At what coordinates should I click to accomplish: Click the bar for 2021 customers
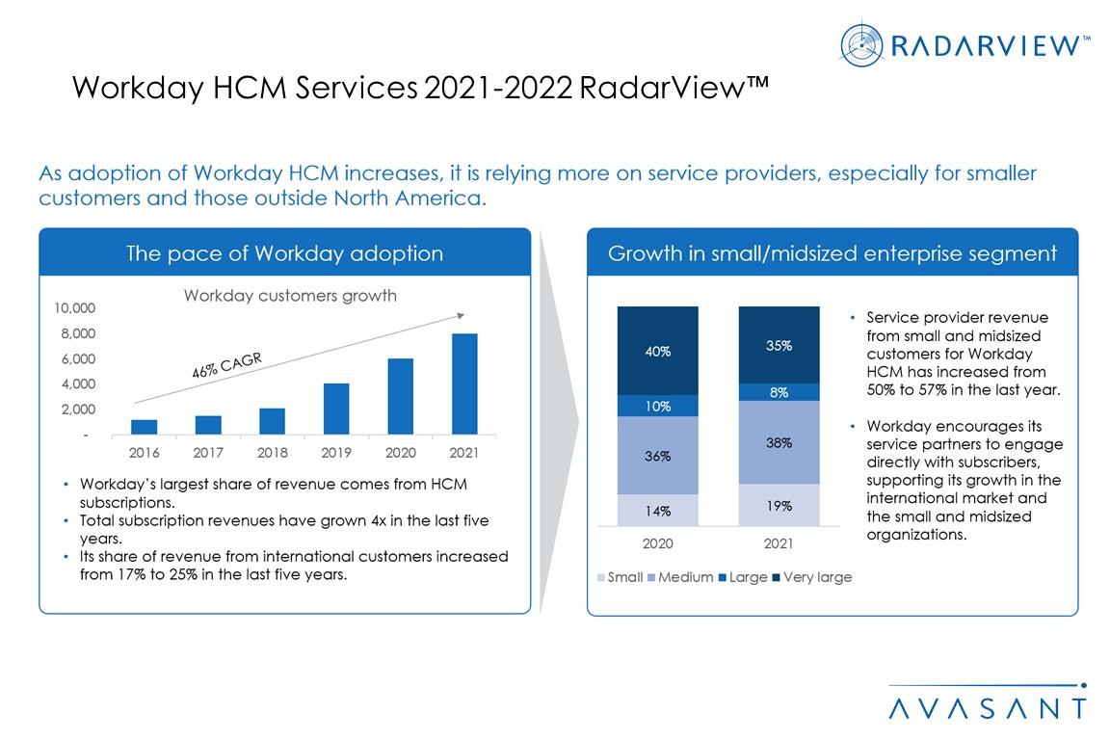[x=464, y=383]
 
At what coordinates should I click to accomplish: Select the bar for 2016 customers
[x=144, y=427]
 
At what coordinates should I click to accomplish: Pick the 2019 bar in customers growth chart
[x=336, y=409]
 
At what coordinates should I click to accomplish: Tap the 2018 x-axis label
[x=273, y=451]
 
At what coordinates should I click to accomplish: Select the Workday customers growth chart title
[x=290, y=296]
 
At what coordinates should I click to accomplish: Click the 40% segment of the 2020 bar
[x=658, y=351]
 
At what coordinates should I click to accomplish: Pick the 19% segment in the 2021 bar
[x=779, y=505]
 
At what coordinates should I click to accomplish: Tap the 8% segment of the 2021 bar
[x=779, y=392]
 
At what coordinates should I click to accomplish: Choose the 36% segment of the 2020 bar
[x=658, y=455]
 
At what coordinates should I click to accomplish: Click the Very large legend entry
[x=811, y=577]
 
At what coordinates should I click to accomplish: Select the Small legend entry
[x=621, y=577]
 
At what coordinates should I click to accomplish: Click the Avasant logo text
[x=987, y=707]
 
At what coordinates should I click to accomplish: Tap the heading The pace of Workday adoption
[x=284, y=253]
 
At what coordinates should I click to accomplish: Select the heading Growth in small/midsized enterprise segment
[x=832, y=253]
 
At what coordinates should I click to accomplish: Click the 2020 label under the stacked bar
[x=658, y=543]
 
